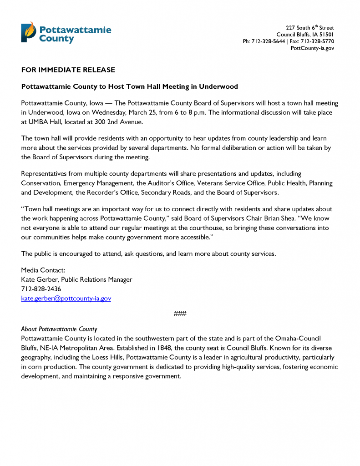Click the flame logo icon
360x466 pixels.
tap(27, 32)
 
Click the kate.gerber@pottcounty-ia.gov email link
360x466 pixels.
tap(66, 299)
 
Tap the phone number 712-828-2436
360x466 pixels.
tap(41, 289)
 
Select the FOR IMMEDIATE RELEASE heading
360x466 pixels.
tap(68, 70)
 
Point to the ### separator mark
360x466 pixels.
tap(180, 314)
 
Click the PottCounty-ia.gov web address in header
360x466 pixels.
tap(312, 48)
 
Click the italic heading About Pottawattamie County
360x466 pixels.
tap(59, 329)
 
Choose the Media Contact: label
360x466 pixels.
tap(43, 270)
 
